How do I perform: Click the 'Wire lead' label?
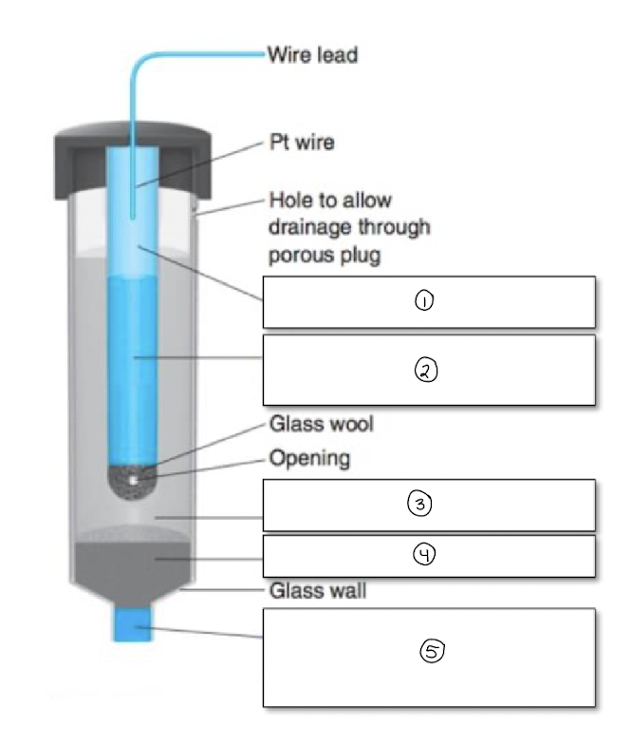[x=312, y=55]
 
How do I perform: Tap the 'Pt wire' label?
[x=302, y=143]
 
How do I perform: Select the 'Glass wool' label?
[x=321, y=423]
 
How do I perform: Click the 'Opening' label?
[x=309, y=459]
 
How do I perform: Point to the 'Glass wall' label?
[x=318, y=590]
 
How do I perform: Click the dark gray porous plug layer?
[x=129, y=561]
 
